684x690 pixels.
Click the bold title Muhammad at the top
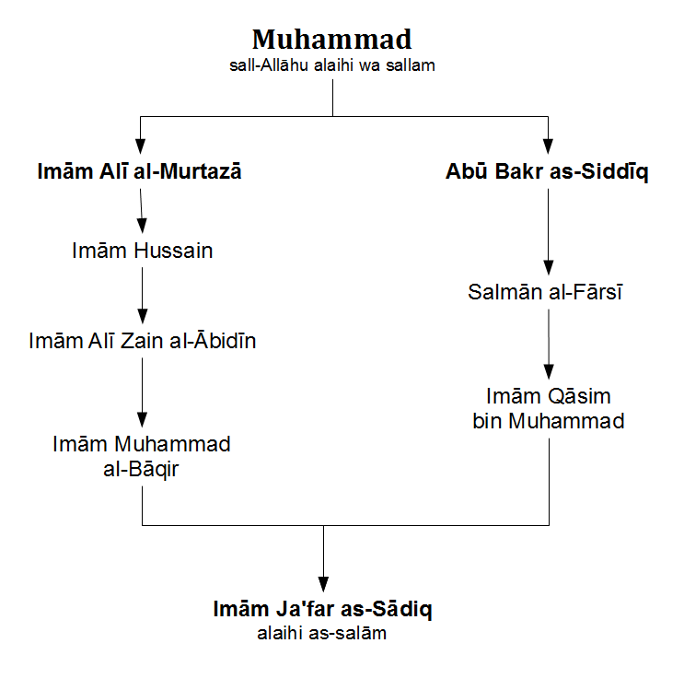332,40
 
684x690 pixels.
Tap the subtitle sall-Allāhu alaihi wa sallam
332,65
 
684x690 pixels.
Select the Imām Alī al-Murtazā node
139,171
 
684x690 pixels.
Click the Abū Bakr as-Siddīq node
547,172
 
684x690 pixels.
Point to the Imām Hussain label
143,251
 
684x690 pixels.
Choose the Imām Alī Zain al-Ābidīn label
143,341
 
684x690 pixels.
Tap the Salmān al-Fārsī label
545,292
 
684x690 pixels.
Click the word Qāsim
580,396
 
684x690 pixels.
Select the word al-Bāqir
141,469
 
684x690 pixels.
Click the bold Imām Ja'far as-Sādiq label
323,610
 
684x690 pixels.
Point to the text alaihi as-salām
322,633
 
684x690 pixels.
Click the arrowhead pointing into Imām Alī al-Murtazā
140,146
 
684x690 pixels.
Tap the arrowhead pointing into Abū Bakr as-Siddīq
548,146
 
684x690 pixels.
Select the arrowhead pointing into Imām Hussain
142,226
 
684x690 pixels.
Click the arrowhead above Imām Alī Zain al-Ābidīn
143,316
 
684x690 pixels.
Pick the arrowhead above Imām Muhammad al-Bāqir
142,419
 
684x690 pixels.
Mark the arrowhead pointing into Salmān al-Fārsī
549,267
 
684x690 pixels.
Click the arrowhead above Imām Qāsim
549,372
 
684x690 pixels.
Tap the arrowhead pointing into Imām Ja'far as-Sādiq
324,584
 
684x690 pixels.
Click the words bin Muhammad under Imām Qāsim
549,421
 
